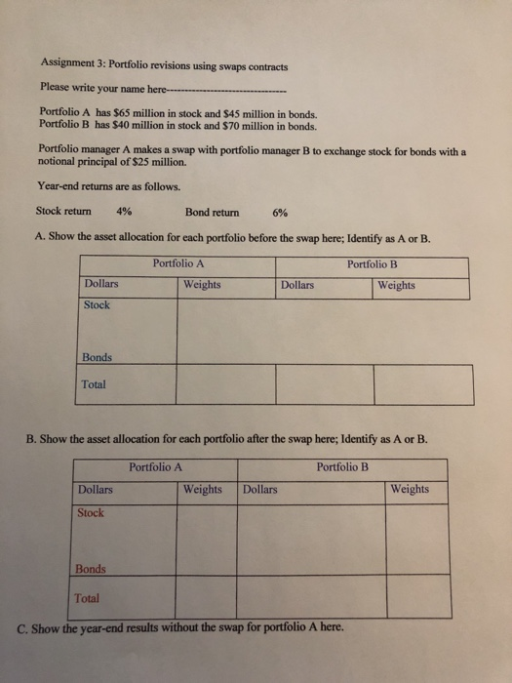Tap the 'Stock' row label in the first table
click(x=98, y=305)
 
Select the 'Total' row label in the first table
click(x=95, y=384)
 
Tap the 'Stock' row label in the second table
click(x=91, y=513)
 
